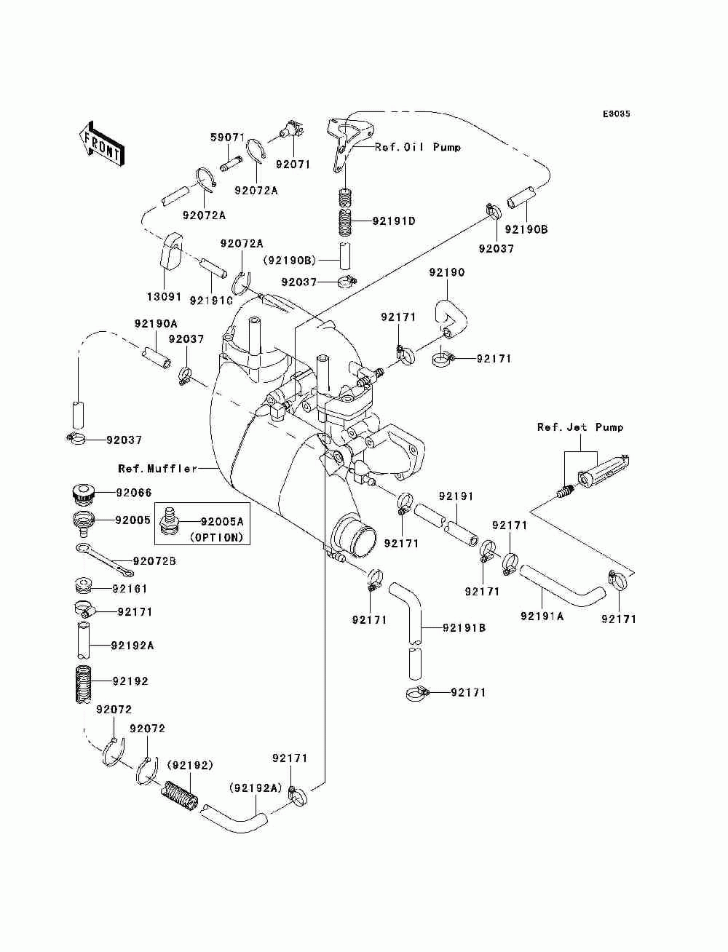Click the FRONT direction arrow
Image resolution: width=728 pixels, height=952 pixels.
[x=102, y=143]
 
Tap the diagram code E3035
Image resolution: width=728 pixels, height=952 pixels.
[x=616, y=114]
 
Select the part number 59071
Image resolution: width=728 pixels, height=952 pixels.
[x=228, y=138]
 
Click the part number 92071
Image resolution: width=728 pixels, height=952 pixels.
[x=293, y=164]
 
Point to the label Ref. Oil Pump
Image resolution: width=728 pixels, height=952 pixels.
[x=417, y=147]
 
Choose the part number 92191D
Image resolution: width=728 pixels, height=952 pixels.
[x=394, y=221]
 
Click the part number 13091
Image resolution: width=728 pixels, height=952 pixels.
[x=164, y=297]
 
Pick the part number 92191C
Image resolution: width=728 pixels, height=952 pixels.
[x=211, y=300]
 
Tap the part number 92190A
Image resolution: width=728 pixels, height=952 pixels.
[x=157, y=324]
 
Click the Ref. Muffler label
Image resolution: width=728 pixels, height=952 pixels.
[x=158, y=469]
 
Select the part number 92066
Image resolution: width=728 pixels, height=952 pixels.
[x=134, y=493]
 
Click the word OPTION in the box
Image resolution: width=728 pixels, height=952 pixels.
[x=216, y=537]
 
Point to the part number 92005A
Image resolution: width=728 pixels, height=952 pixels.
[x=222, y=522]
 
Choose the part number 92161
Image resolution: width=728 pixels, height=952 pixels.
[x=130, y=589]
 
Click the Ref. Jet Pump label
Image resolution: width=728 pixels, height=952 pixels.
[x=580, y=427]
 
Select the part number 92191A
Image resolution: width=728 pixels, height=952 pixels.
[x=542, y=616]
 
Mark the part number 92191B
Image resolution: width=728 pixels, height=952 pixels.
[x=464, y=627]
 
